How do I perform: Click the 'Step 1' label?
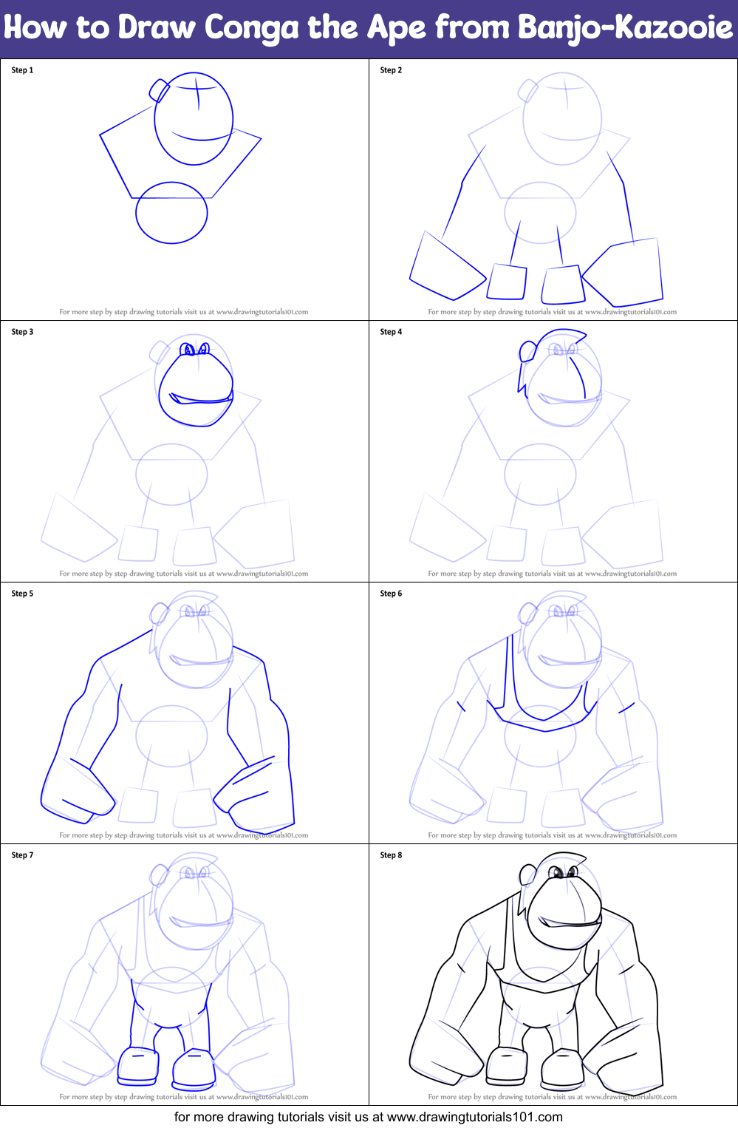click(22, 70)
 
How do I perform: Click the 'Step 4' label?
click(391, 332)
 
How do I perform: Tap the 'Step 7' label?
click(22, 855)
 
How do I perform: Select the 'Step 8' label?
click(391, 855)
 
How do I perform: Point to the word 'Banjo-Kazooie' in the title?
click(625, 28)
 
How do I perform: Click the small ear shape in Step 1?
click(160, 90)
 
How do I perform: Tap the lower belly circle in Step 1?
click(171, 213)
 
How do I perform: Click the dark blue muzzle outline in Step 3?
click(196, 392)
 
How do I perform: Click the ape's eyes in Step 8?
click(564, 873)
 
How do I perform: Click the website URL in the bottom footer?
click(474, 1117)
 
